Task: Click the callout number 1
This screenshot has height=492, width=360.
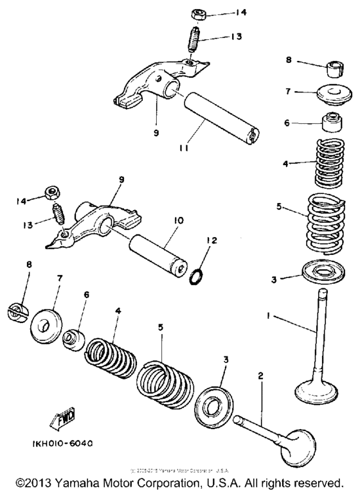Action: click(x=269, y=316)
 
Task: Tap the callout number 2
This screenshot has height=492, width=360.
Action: click(x=261, y=375)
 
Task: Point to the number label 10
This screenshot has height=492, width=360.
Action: click(x=178, y=220)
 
